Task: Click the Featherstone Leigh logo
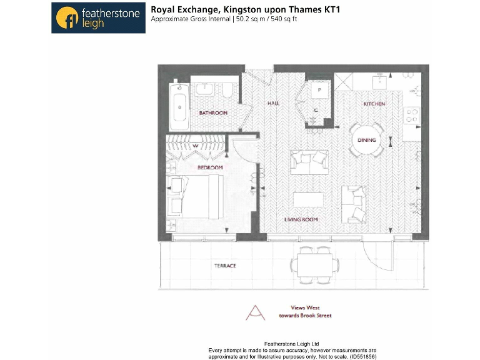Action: (98, 17)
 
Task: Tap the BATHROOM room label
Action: (212, 113)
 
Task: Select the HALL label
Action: (274, 103)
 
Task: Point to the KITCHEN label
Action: (374, 104)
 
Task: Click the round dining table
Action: (367, 140)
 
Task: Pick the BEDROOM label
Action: (210, 167)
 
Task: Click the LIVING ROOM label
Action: (301, 219)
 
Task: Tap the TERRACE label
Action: (225, 266)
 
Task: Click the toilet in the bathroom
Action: (227, 91)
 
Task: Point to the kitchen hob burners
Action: (412, 116)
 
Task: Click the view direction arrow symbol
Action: (255, 312)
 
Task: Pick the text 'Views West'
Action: (306, 307)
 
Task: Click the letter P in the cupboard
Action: (319, 90)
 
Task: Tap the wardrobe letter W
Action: (195, 146)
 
